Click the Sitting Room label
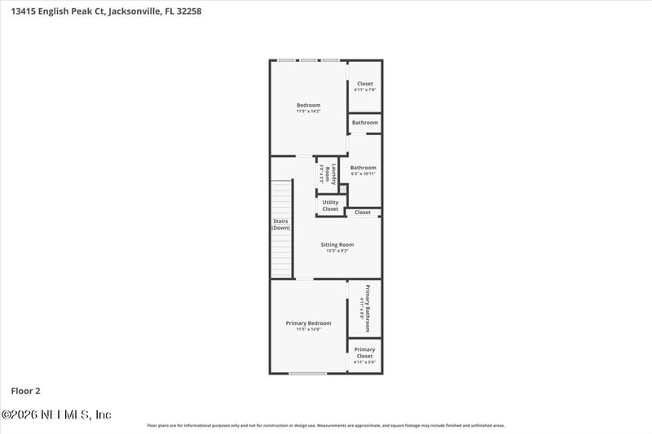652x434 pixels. (x=337, y=244)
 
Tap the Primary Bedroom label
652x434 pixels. (x=308, y=323)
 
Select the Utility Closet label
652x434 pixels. (x=330, y=206)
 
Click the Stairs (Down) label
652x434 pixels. (x=280, y=224)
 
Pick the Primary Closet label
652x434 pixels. (x=364, y=353)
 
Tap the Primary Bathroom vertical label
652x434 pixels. (x=368, y=308)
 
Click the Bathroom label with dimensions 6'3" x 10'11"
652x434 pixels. (x=363, y=168)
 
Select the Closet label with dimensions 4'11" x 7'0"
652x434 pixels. (x=364, y=84)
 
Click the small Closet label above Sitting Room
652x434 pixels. (x=363, y=213)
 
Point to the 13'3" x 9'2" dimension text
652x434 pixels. (x=336, y=251)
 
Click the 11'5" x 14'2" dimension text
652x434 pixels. (x=308, y=111)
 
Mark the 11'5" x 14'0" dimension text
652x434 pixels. (x=308, y=329)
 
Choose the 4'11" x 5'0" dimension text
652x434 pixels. (x=364, y=362)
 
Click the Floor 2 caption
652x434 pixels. (x=25, y=390)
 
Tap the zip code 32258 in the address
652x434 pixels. (x=188, y=11)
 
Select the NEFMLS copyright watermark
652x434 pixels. (x=57, y=414)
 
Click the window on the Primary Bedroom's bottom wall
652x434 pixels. (x=308, y=373)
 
